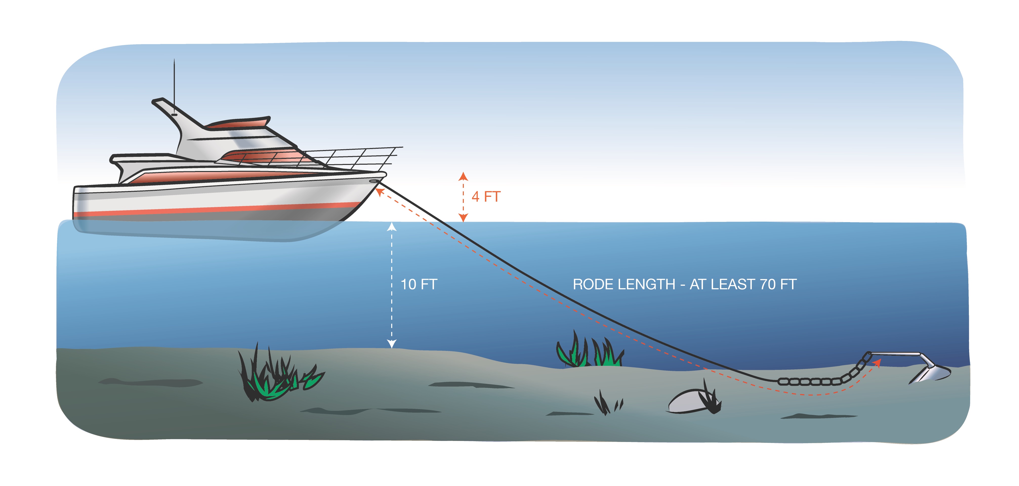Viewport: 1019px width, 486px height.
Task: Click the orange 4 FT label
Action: click(x=486, y=197)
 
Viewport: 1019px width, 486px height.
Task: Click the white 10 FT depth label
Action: click(x=419, y=284)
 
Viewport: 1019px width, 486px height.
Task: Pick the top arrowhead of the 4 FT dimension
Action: click(x=463, y=176)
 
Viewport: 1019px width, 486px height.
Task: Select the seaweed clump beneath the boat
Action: click(x=277, y=376)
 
